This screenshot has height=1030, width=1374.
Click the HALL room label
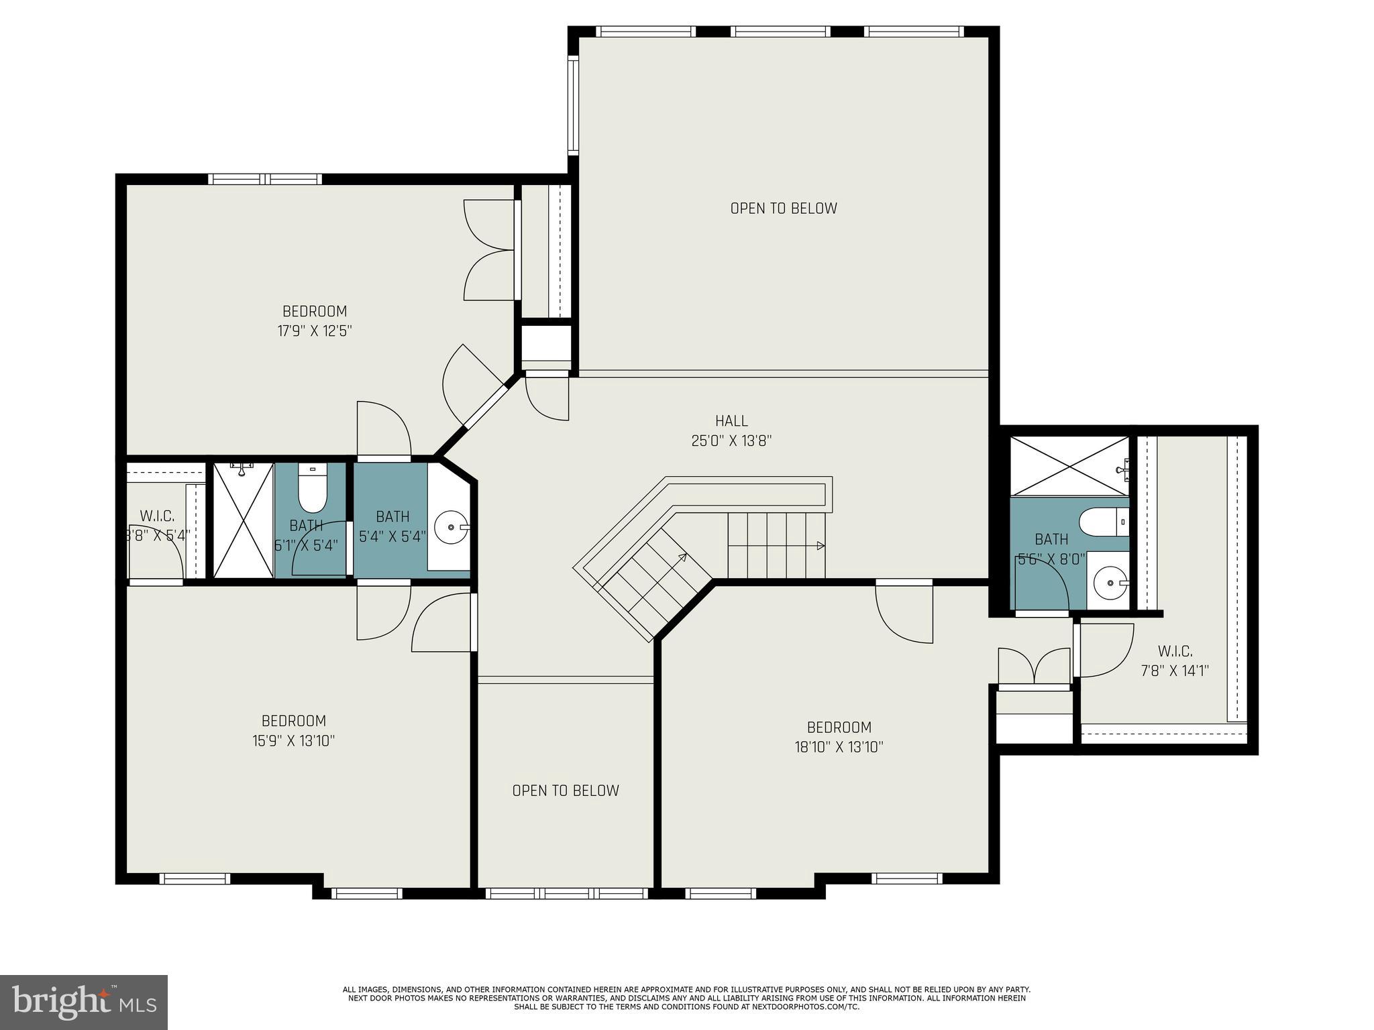(x=731, y=421)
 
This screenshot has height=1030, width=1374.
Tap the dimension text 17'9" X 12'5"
(x=315, y=331)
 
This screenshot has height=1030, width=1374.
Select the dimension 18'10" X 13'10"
(x=839, y=747)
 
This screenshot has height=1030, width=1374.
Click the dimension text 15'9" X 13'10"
(x=294, y=741)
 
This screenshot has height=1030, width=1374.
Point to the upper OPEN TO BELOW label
(x=784, y=209)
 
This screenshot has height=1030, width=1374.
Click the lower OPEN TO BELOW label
(x=566, y=791)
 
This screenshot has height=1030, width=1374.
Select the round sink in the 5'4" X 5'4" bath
(x=450, y=528)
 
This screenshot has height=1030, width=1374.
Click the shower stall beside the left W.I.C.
(x=244, y=520)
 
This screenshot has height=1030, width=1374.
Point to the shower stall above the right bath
(x=1069, y=466)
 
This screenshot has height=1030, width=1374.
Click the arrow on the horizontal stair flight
(x=821, y=546)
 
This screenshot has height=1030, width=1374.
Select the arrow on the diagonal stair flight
(x=682, y=556)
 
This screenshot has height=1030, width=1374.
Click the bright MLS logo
(x=84, y=1002)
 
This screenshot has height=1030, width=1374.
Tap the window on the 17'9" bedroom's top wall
(x=265, y=179)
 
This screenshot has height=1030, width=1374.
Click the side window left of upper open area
(x=573, y=105)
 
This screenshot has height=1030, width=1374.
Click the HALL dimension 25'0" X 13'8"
(x=731, y=441)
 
